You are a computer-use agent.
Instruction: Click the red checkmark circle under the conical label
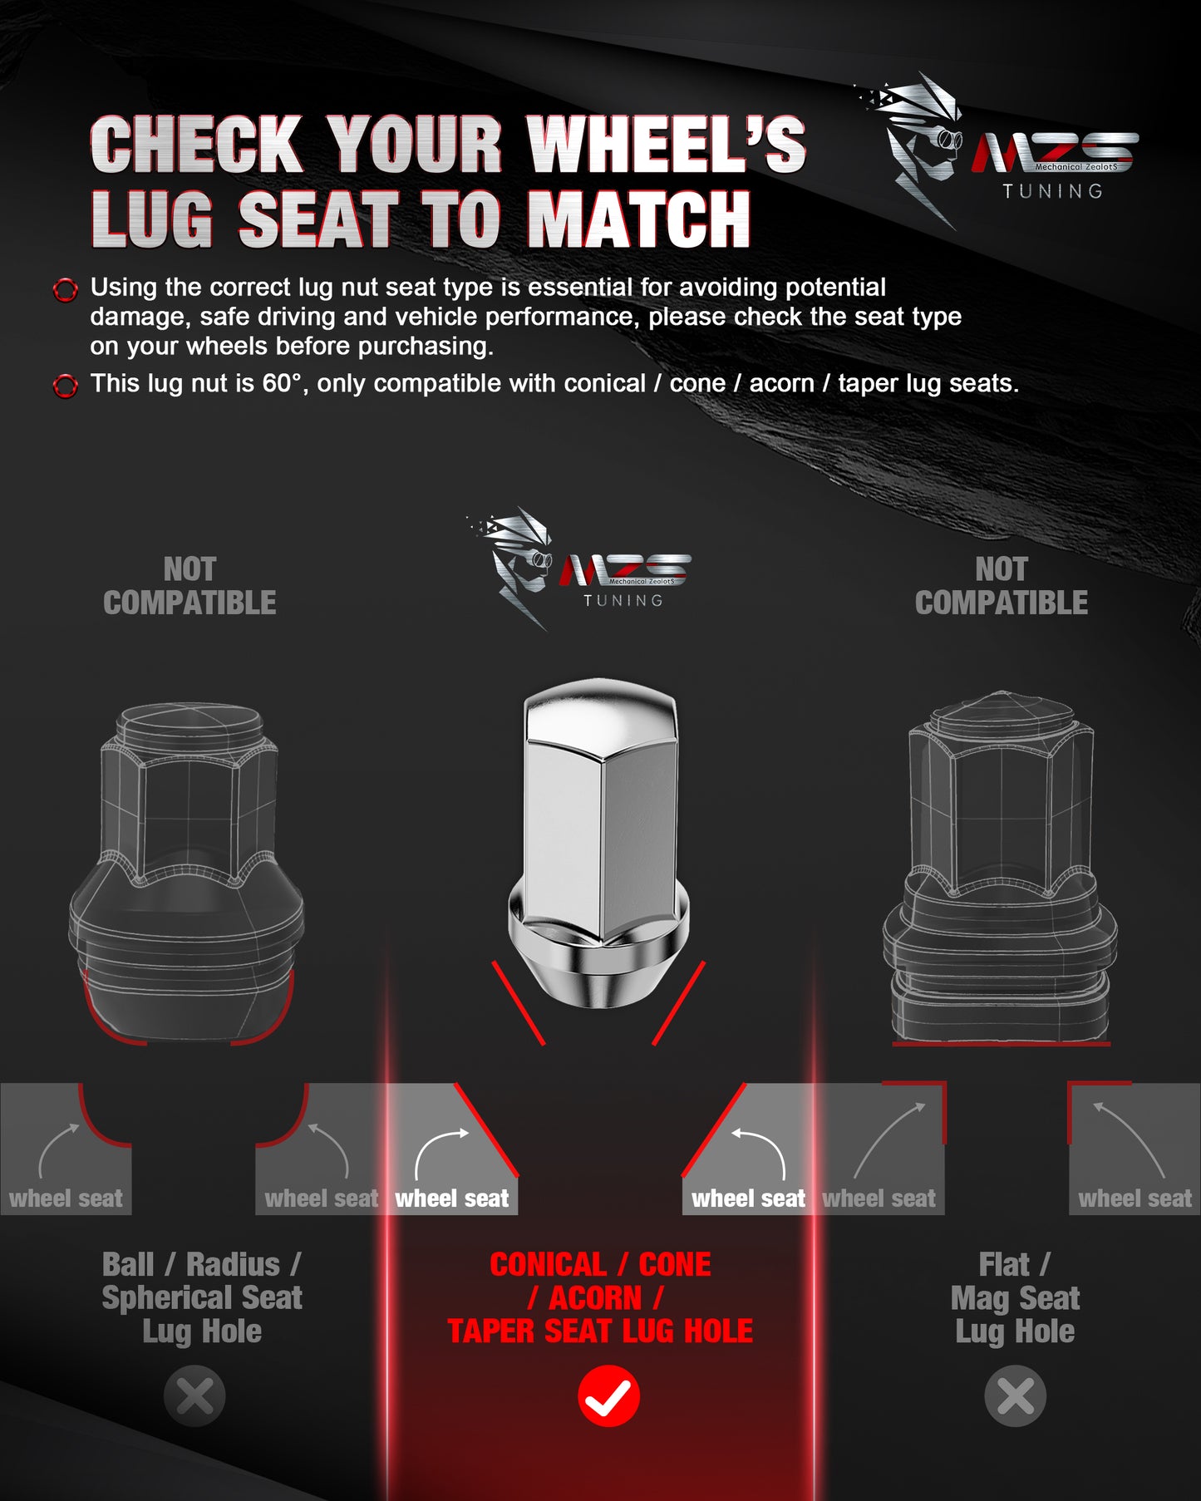[608, 1395]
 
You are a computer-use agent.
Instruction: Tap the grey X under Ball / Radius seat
[194, 1395]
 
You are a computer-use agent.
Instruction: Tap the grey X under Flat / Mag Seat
[1015, 1395]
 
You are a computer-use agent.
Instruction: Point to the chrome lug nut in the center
[598, 843]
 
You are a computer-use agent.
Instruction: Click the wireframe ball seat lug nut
[186, 872]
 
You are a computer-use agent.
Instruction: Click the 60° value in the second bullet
[282, 383]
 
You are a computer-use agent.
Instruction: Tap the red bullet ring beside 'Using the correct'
[65, 290]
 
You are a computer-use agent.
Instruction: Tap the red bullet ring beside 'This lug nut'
[65, 386]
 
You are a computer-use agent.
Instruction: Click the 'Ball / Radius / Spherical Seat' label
[202, 1281]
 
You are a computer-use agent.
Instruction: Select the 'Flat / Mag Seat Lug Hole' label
[1015, 1298]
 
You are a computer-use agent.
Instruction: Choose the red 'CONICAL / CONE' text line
[600, 1265]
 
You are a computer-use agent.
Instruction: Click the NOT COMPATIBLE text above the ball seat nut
[190, 586]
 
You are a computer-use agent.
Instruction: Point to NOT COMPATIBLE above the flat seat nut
[1002, 586]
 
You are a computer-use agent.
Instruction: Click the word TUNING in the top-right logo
[1052, 191]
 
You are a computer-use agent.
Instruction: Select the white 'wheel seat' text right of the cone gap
[748, 1198]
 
